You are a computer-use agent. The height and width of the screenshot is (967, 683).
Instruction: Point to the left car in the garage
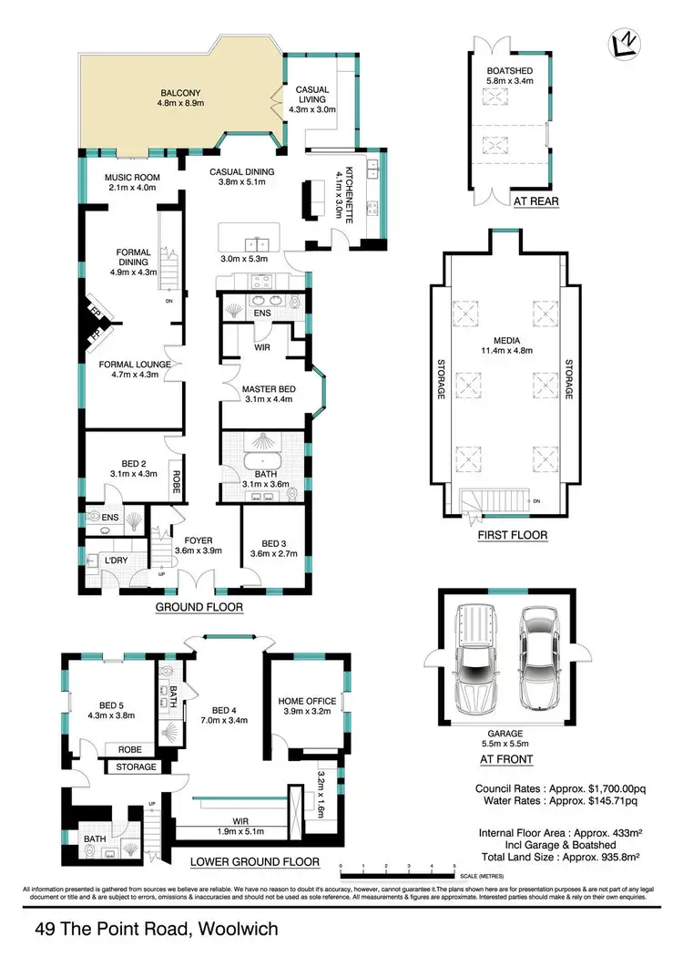(x=475, y=661)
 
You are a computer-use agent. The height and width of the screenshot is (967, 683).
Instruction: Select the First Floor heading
(x=513, y=535)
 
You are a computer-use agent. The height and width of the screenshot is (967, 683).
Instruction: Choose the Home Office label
(x=307, y=706)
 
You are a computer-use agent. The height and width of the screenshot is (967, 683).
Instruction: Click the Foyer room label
(x=198, y=544)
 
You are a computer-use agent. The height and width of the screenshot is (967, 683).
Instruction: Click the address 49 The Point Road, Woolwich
(x=156, y=931)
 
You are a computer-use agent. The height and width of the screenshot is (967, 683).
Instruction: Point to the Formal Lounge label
(x=134, y=369)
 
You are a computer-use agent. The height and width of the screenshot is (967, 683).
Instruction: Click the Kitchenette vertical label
(x=347, y=193)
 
